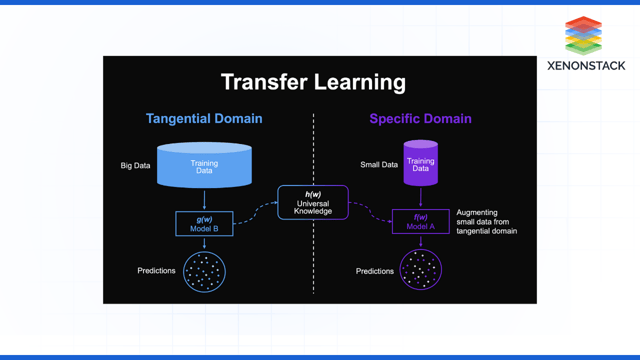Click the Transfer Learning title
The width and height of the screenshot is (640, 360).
[313, 82]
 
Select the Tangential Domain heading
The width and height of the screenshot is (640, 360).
[204, 118]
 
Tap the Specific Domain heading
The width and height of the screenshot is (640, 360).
[420, 118]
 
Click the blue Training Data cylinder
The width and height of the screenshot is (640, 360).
[204, 165]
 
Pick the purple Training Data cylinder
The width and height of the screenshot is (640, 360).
[420, 164]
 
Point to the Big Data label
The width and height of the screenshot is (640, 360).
[135, 165]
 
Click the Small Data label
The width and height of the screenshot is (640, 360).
[379, 165]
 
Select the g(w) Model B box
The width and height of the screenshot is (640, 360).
[204, 223]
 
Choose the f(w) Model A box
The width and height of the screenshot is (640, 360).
[420, 222]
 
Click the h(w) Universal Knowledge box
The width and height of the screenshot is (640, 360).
[313, 203]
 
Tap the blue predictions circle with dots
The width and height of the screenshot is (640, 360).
[205, 271]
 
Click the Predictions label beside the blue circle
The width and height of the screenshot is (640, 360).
[156, 271]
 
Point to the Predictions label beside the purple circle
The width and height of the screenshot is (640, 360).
[375, 271]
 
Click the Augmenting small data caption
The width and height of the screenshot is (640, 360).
[486, 222]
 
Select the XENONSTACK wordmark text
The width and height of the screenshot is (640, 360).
[586, 66]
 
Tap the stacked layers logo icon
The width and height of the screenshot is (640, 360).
[584, 34]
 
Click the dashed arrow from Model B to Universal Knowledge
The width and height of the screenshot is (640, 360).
[255, 212]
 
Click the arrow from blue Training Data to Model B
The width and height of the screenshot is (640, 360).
[204, 199]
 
